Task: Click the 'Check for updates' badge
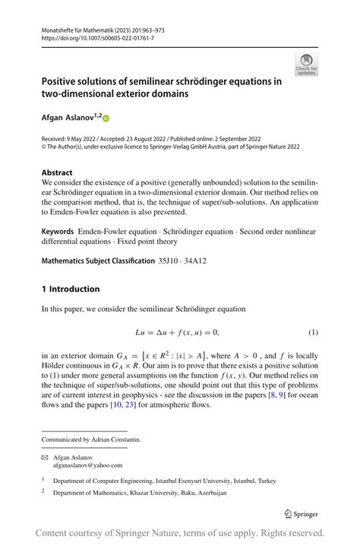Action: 307,65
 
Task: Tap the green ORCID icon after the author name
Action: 106,118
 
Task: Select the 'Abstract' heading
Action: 58,172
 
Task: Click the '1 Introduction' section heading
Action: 71,289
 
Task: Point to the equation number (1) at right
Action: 312,333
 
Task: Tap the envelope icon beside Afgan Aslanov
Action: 46,457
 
